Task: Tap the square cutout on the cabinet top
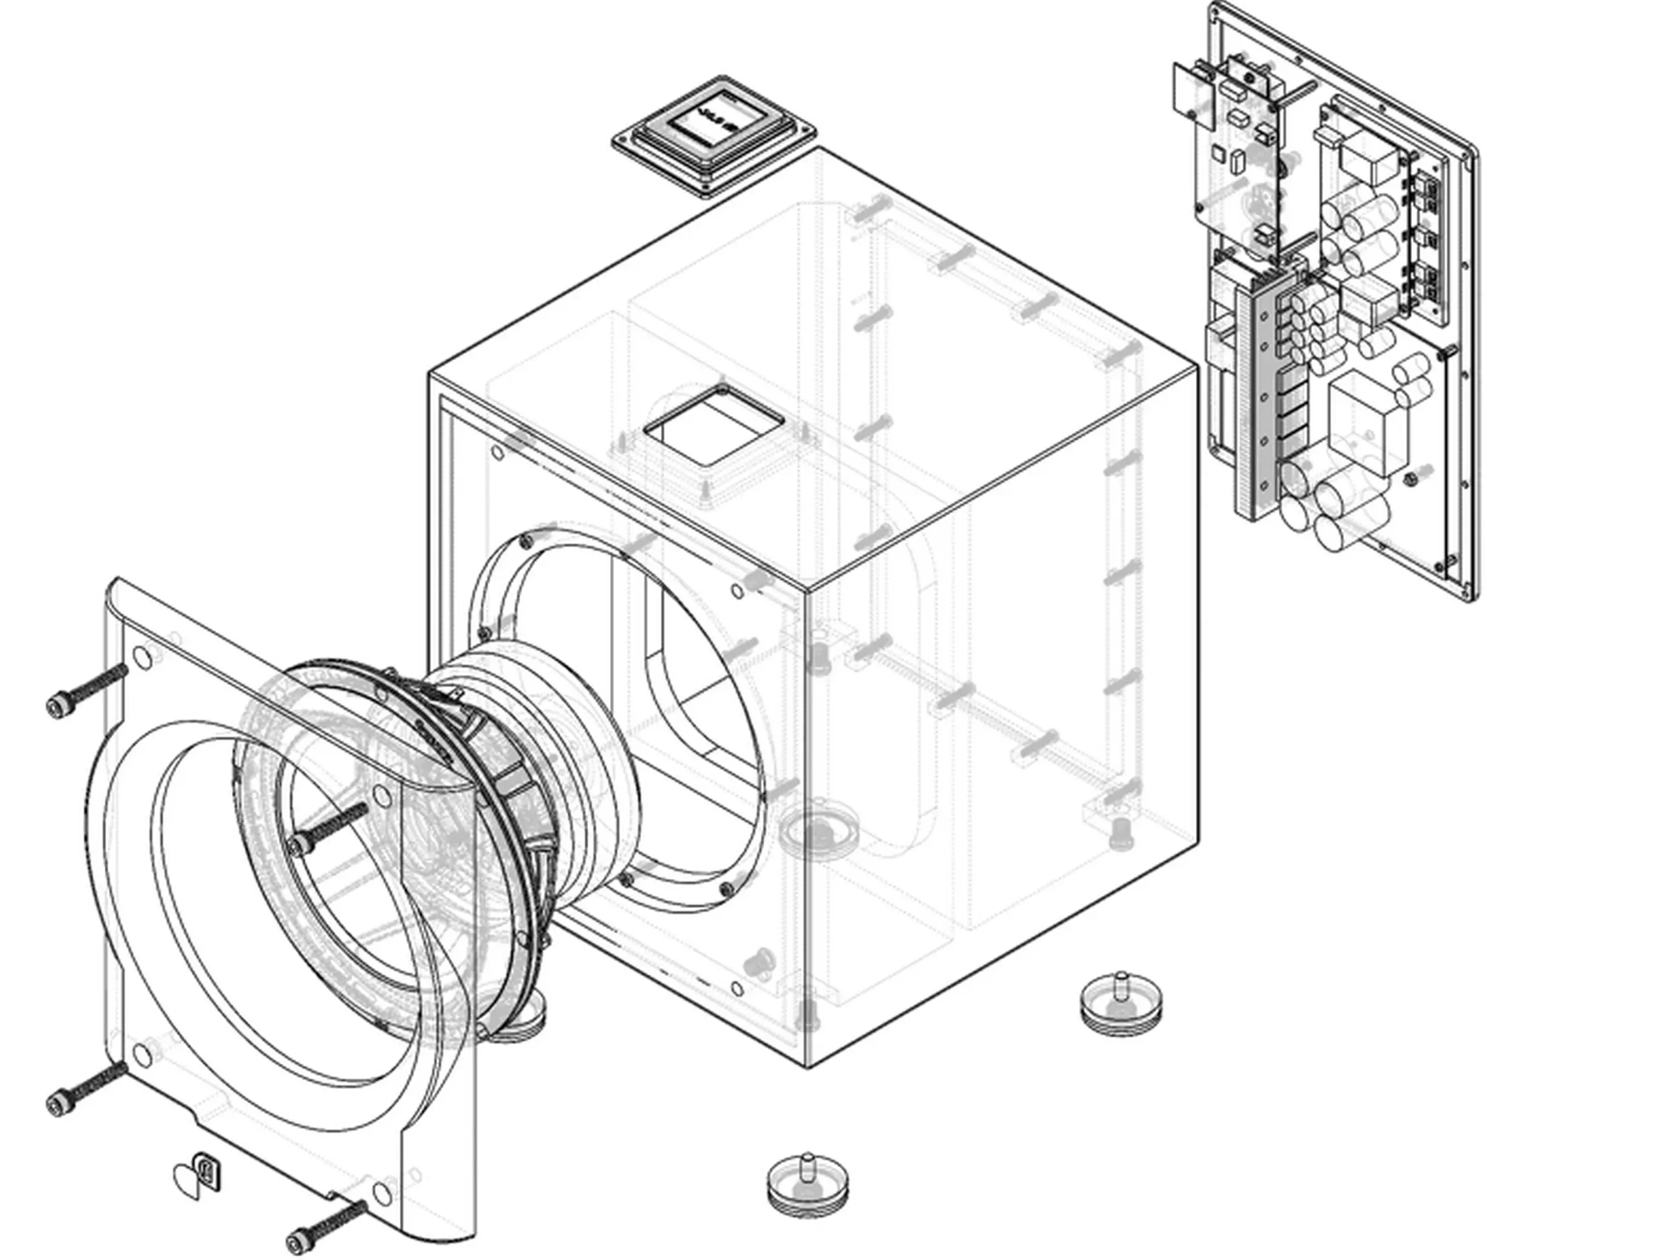pos(713,425)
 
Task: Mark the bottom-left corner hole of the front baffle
pos(142,1053)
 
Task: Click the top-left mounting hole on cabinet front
pos(498,454)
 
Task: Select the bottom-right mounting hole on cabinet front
pos(736,989)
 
